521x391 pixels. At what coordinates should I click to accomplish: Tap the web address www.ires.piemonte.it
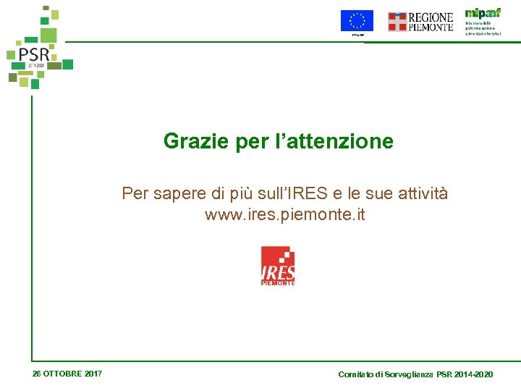(x=285, y=215)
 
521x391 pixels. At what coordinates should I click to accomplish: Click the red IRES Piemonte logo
(x=278, y=266)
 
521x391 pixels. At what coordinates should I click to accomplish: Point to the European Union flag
(x=357, y=21)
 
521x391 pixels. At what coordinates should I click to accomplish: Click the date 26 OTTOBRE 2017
(x=67, y=374)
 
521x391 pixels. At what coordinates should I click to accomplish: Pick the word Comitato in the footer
(x=355, y=374)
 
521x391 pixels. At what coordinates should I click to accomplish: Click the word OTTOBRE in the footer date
(x=63, y=374)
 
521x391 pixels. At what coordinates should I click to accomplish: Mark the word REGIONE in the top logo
(x=431, y=17)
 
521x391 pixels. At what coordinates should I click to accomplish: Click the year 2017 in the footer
(x=93, y=374)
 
